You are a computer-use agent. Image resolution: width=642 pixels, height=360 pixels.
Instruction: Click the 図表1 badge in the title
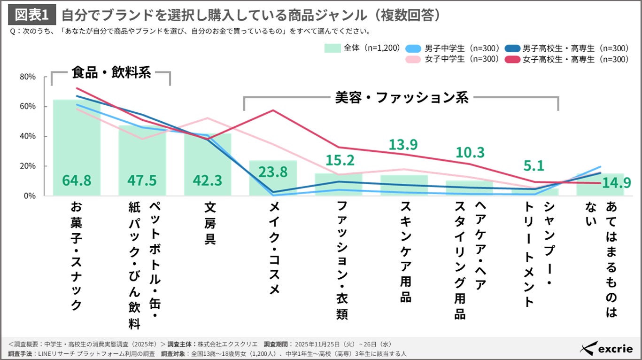coord(32,15)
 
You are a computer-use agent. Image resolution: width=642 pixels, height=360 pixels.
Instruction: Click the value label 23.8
coord(273,172)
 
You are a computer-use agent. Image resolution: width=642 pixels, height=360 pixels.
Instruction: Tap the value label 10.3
coord(470,152)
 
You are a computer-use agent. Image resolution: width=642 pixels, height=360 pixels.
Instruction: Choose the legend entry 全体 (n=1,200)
coord(362,48)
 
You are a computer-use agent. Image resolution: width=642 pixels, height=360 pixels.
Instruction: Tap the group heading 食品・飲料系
coord(111,73)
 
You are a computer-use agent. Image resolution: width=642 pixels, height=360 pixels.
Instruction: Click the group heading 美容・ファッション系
coord(402,98)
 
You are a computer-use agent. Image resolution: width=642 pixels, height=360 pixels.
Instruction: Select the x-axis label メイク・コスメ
coord(275,248)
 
